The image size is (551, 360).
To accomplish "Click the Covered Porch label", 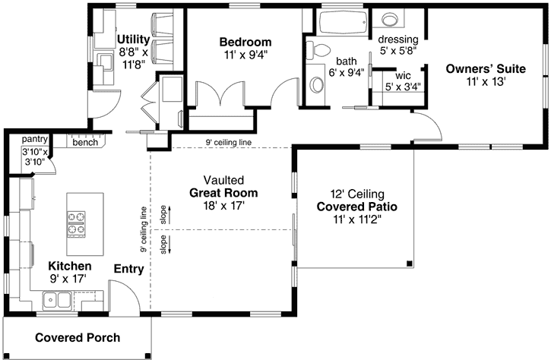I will [77, 337].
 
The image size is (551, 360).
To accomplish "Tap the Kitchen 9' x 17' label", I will [70, 273].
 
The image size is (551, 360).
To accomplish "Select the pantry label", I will [35, 139].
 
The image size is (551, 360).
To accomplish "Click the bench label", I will [84, 142].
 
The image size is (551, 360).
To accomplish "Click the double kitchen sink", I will [57, 302].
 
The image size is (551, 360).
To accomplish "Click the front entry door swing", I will [124, 296].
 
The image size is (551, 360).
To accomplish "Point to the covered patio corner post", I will [410, 264].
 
